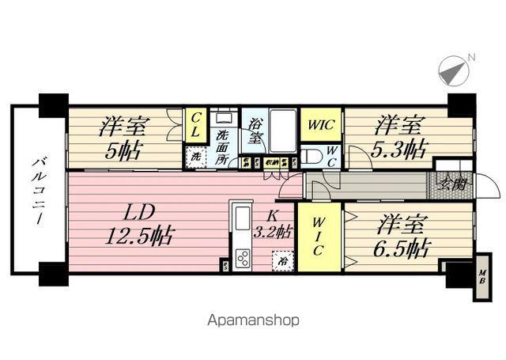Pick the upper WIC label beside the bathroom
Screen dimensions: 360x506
pos(320,125)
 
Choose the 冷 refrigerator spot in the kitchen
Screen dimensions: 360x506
pos(280,259)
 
